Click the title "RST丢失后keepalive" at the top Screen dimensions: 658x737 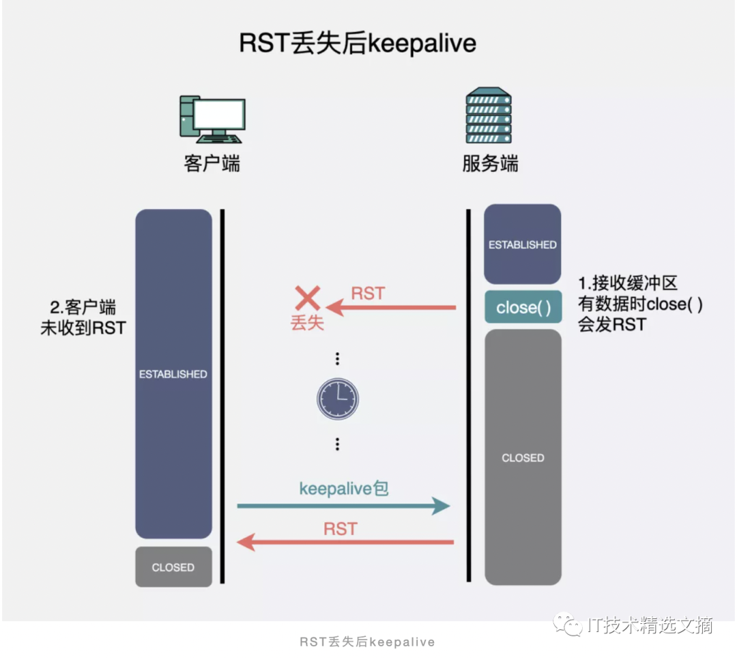click(358, 44)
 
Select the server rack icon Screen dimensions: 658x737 click(489, 115)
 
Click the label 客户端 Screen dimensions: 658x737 click(212, 164)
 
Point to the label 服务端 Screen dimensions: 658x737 click(490, 164)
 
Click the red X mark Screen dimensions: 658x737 click(308, 298)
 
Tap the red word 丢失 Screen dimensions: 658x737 click(307, 323)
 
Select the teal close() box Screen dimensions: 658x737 click(523, 307)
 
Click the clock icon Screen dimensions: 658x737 click(337, 399)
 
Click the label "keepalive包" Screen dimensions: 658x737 click(344, 488)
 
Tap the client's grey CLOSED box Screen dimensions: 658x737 click(173, 567)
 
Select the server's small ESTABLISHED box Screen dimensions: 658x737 click(523, 244)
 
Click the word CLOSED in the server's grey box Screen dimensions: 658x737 click(523, 458)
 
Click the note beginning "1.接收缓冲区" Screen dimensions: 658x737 click(640, 304)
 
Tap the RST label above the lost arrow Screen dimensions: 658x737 click(368, 294)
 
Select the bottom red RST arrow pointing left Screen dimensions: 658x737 click(345, 543)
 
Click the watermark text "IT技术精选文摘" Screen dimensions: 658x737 click(649, 625)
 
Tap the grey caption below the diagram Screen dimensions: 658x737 click(367, 642)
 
